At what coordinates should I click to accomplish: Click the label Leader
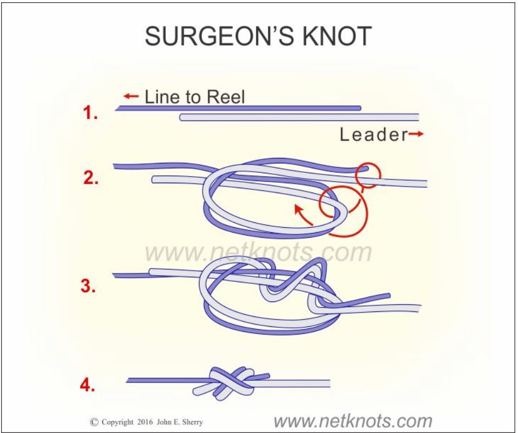(x=373, y=135)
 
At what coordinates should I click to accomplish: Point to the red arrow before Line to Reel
(x=131, y=97)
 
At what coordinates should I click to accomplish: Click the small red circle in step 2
(x=367, y=176)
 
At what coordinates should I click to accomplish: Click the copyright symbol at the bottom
(x=93, y=423)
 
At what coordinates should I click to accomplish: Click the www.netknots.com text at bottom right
(x=353, y=421)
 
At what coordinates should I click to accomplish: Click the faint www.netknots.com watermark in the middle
(x=258, y=253)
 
